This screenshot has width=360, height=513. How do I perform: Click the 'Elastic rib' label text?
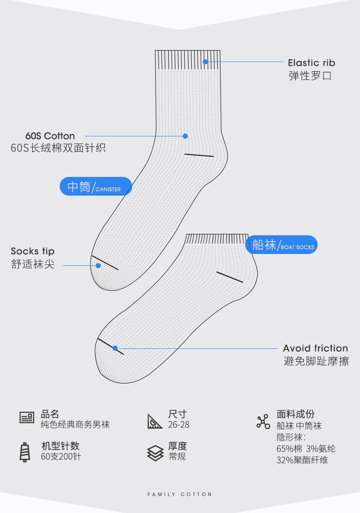311,63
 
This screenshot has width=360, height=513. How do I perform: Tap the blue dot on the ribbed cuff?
206,62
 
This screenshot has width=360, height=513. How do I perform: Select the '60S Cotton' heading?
50,136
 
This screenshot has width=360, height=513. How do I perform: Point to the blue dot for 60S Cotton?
185,136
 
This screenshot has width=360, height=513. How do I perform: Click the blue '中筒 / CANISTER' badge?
96,187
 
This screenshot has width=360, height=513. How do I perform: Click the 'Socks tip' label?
32,251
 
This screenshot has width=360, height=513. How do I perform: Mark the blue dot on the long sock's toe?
98,265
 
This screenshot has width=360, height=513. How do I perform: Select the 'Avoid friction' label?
315,348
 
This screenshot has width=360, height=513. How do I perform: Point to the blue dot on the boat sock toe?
115,348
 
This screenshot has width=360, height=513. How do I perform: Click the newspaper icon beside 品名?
27,417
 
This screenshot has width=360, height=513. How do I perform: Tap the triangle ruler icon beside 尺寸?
155,420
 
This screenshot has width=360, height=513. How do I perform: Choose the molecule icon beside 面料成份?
263,422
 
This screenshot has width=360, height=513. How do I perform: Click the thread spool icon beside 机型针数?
25,452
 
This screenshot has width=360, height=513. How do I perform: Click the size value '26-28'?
179,425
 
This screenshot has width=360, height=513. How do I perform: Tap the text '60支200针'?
61,456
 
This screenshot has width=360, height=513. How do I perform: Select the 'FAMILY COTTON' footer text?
180,494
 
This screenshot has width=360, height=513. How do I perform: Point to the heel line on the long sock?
199,155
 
